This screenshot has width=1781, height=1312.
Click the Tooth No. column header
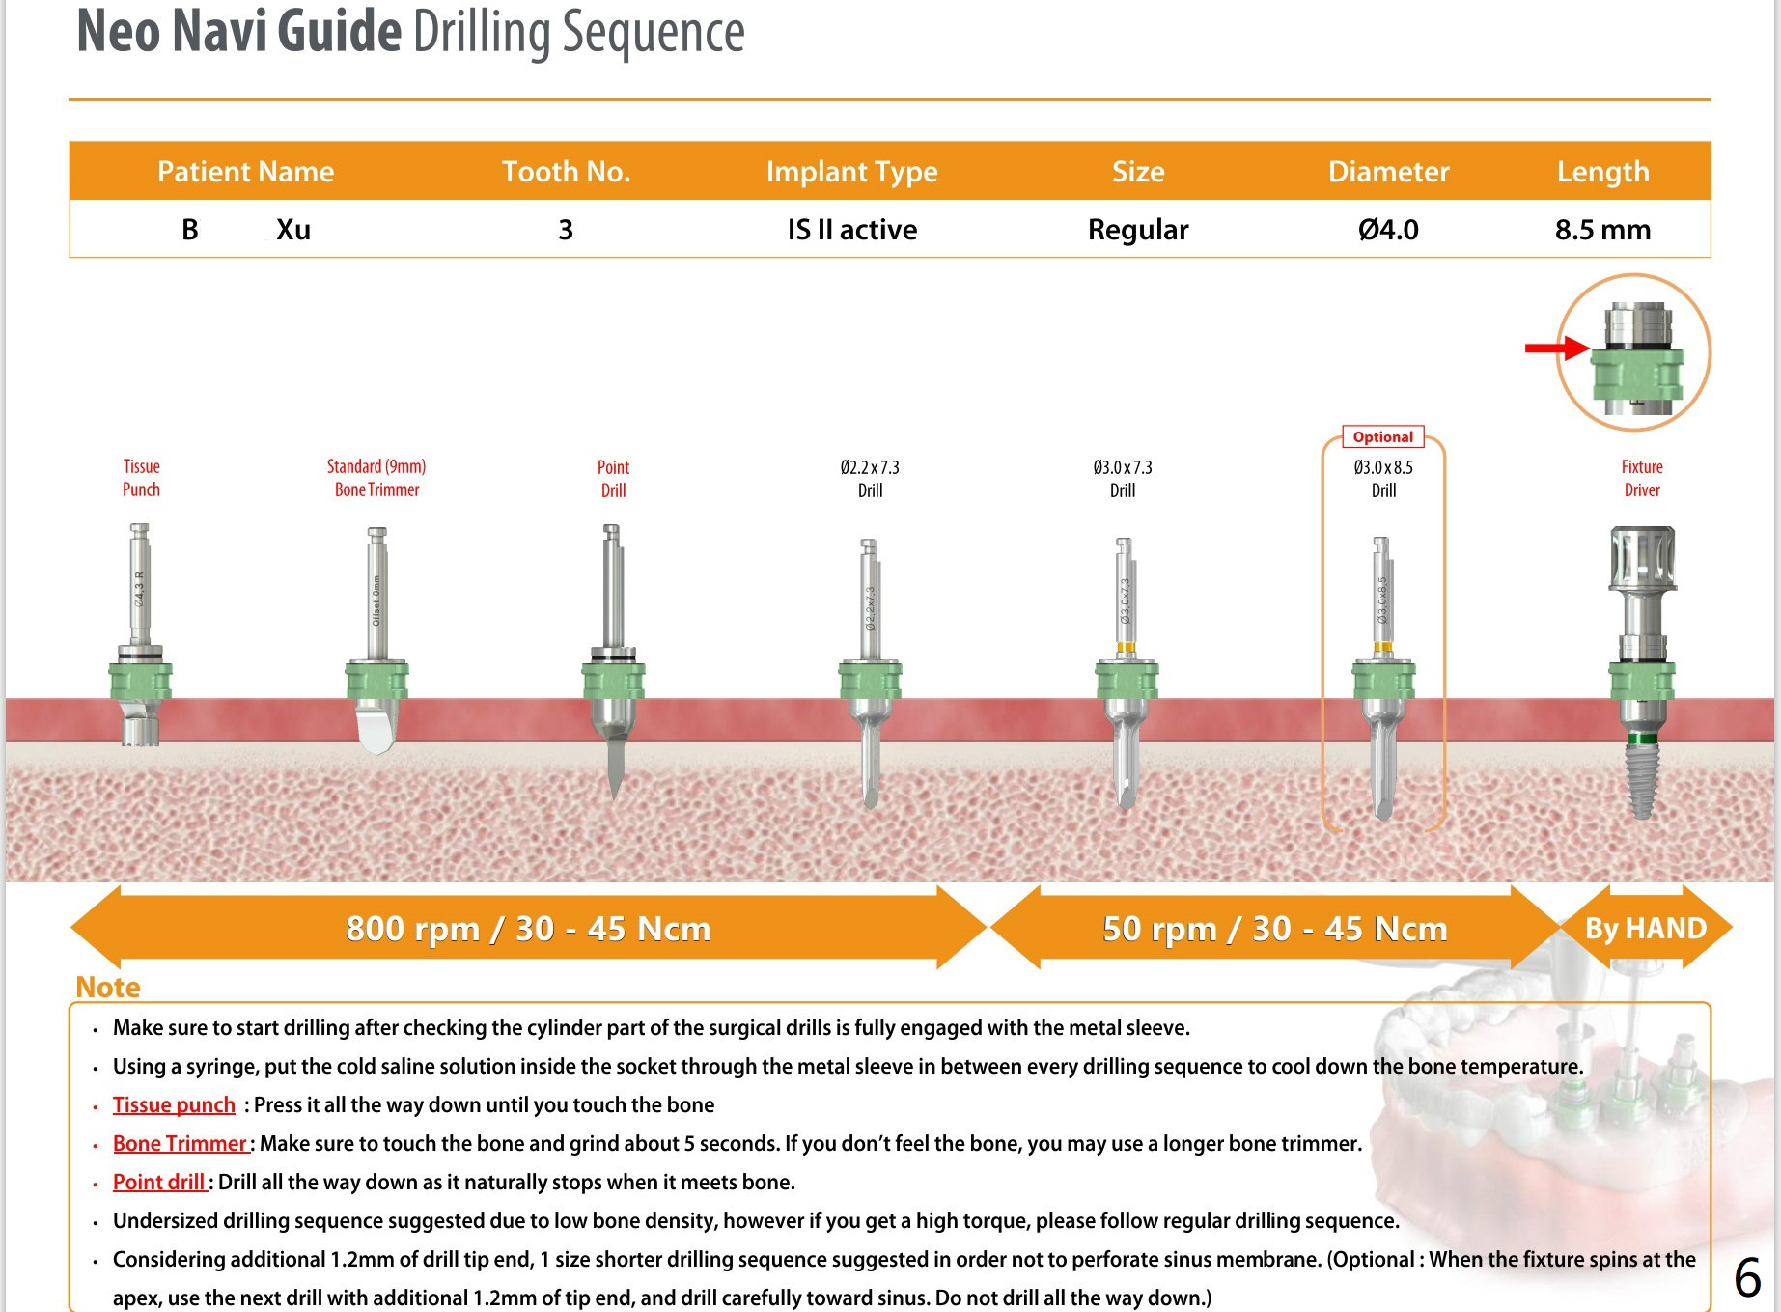coord(566,172)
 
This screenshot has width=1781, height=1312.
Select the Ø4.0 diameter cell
coord(1388,230)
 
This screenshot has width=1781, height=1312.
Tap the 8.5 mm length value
coord(1602,230)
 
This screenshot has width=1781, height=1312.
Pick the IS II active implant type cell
coord(852,230)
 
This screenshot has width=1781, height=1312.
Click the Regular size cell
coord(1138,230)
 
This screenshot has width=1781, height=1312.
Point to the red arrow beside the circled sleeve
coord(1555,348)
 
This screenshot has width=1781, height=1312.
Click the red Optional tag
coord(1382,437)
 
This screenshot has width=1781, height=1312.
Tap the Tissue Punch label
coord(141,478)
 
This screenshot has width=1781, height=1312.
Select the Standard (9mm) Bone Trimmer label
coord(376,478)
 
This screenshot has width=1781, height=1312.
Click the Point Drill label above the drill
coord(613,479)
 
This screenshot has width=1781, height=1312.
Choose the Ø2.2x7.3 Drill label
coord(870,479)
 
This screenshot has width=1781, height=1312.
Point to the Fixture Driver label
coord(1641,478)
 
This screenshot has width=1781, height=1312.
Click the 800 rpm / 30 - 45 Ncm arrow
coord(528,928)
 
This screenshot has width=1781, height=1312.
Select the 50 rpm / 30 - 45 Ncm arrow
coord(1274,928)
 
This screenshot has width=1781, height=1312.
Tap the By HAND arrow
coord(1646,928)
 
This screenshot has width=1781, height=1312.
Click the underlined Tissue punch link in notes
coord(174,1104)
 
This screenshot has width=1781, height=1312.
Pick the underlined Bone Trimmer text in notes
coord(180,1143)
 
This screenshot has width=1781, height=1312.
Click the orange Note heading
coord(108,987)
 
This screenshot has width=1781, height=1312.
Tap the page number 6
coord(1747,1277)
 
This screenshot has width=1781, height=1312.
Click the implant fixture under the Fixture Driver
coord(1641,777)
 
